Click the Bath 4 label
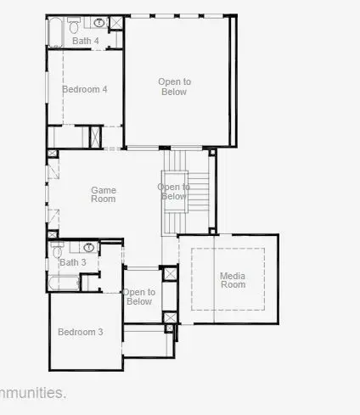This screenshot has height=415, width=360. [85, 41]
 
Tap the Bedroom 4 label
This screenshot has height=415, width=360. [85, 89]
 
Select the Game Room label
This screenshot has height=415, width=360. [104, 195]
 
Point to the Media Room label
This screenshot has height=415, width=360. [233, 280]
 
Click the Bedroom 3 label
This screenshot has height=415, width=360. [81, 332]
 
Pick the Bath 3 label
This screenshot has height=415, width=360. [73, 262]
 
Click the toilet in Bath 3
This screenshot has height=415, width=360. [58, 250]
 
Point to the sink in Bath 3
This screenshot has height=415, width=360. [88, 248]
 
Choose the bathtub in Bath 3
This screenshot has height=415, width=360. [65, 283]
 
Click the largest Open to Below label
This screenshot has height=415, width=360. [175, 87]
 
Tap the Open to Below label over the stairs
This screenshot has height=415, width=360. [173, 192]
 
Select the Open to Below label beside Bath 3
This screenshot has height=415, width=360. [139, 297]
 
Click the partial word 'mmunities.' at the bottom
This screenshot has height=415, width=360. [33, 393]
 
